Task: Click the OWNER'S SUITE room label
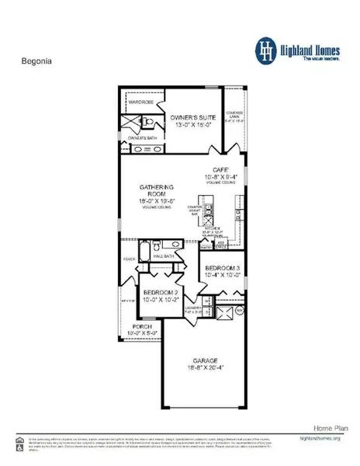point(194,118)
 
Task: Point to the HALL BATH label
point(163,254)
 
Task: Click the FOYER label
point(129,261)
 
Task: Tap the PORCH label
point(142,327)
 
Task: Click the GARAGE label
point(204,360)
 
